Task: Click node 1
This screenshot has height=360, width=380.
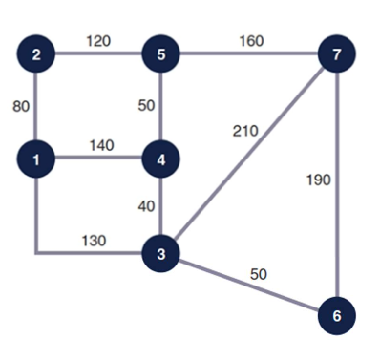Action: pyautogui.click(x=36, y=159)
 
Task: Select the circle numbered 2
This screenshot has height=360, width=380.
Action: pyautogui.click(x=36, y=53)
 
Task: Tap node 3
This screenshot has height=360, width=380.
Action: pyautogui.click(x=160, y=254)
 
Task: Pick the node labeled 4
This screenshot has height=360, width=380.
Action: pyautogui.click(x=160, y=159)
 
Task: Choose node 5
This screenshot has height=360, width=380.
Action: pyautogui.click(x=160, y=53)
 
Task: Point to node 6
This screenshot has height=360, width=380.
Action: pyautogui.click(x=335, y=314)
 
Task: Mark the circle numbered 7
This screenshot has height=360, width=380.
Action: pyautogui.click(x=335, y=54)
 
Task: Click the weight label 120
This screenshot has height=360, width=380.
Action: pyautogui.click(x=99, y=40)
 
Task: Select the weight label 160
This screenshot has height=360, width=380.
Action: pyautogui.click(x=251, y=40)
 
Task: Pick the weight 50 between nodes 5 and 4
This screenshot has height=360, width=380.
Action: pyautogui.click(x=143, y=105)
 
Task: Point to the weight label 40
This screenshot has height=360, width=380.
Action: pyautogui.click(x=143, y=206)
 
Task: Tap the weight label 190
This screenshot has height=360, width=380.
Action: pyautogui.click(x=319, y=180)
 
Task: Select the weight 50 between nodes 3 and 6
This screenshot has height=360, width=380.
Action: pyautogui.click(x=259, y=274)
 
